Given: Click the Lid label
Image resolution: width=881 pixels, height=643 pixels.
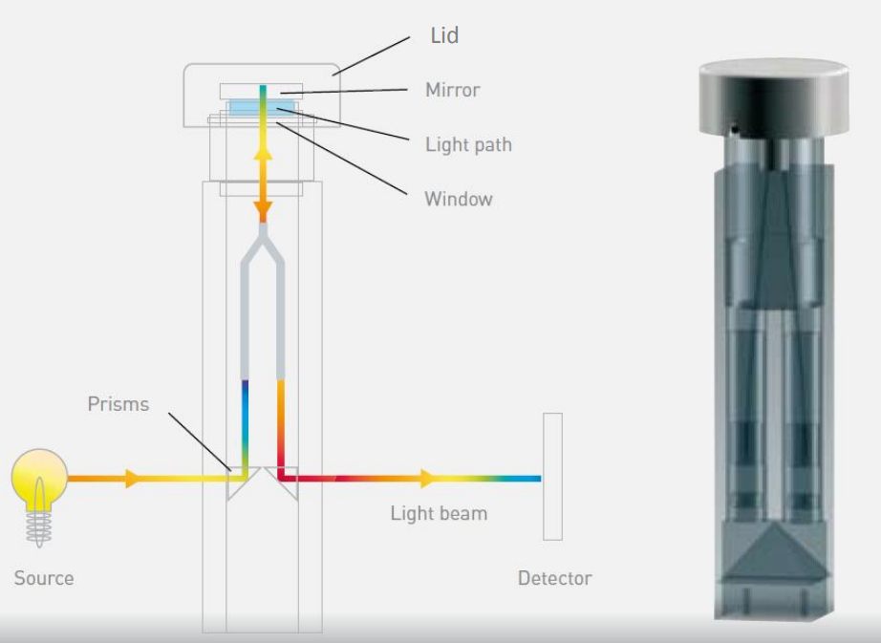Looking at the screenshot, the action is pyautogui.click(x=444, y=35).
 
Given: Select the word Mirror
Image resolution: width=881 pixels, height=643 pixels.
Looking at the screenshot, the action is pyautogui.click(x=453, y=90).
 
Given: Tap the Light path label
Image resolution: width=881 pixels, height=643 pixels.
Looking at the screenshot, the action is pyautogui.click(x=468, y=145).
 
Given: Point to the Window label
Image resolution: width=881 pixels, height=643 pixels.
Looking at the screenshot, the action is pyautogui.click(x=459, y=199).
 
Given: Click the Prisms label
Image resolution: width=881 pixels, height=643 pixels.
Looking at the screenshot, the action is pyautogui.click(x=118, y=404).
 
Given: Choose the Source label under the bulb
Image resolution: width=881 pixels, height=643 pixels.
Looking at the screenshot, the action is pyautogui.click(x=44, y=578).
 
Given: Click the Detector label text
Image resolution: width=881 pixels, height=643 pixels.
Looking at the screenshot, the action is pyautogui.click(x=554, y=578).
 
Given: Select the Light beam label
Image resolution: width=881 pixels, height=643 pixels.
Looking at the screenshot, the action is pyautogui.click(x=439, y=514).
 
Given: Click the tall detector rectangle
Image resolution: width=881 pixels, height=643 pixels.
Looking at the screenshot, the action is pyautogui.click(x=552, y=477).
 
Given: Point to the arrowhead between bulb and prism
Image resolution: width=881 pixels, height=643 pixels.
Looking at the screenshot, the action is pyautogui.click(x=133, y=479).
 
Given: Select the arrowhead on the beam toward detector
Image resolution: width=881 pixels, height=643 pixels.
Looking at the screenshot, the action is pyautogui.click(x=427, y=479).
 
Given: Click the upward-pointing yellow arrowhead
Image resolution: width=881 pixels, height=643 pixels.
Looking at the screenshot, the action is pyautogui.click(x=263, y=152).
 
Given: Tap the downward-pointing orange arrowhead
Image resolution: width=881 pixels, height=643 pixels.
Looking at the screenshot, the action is pyautogui.click(x=263, y=210).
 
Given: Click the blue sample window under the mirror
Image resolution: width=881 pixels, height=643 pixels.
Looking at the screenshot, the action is pyautogui.click(x=261, y=108).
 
